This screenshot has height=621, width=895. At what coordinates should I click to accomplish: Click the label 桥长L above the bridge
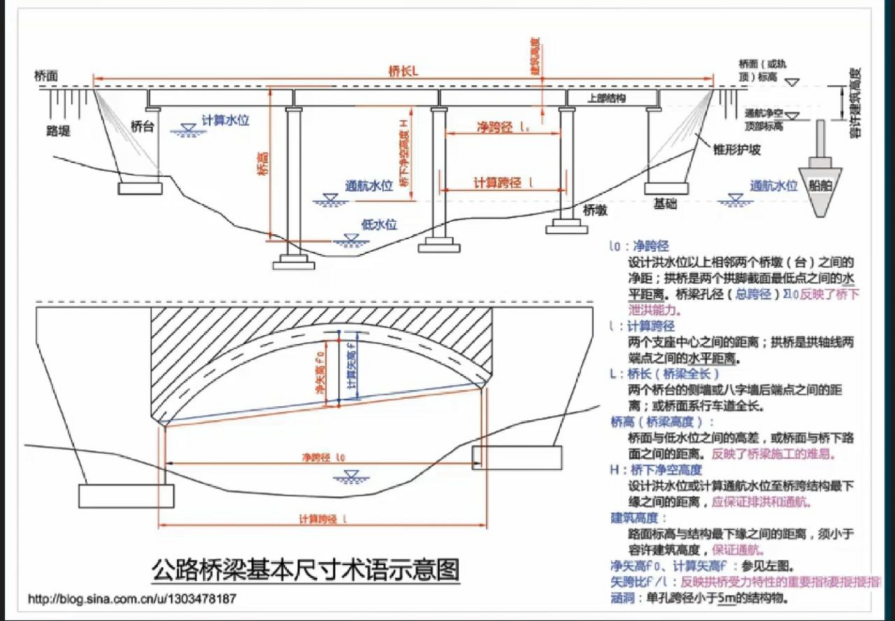pos(403,71)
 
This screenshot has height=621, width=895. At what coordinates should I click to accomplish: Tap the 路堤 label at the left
pos(58,131)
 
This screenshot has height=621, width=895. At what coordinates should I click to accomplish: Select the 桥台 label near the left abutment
pos(142,127)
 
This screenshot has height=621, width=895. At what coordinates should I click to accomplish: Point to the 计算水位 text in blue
pos(225,120)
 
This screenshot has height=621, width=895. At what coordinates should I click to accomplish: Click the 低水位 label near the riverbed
pos(379,224)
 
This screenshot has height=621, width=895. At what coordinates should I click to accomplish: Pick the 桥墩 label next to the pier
pos(595,210)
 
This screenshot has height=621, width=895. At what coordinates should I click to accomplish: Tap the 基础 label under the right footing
pos(665,204)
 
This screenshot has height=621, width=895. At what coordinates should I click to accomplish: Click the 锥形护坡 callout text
pos(736,149)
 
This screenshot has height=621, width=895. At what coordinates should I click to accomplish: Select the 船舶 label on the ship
pos(820,186)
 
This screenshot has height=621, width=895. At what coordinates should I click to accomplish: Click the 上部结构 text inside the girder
pos(606,98)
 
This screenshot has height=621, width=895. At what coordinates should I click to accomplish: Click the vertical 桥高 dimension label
pos(263,163)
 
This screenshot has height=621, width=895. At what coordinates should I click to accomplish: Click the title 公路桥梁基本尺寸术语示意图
pos(306,570)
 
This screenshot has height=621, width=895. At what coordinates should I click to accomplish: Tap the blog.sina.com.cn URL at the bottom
pos(132,599)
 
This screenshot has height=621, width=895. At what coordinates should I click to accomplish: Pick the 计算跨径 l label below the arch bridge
pos(322,519)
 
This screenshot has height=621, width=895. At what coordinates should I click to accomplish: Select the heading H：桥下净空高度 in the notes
pos(656,470)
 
